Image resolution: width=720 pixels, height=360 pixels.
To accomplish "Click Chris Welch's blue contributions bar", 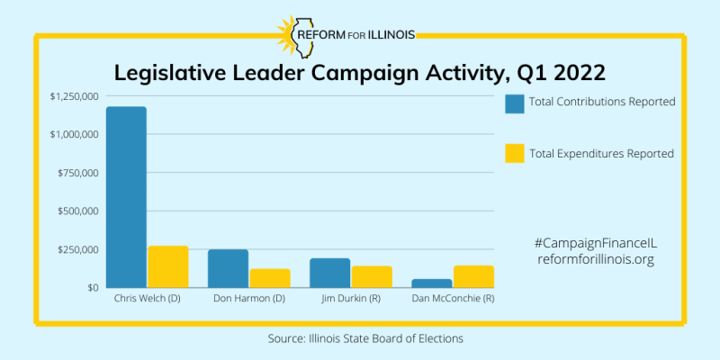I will click(x=126, y=197).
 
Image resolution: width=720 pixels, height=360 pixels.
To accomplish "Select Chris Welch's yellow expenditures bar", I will click(x=167, y=266).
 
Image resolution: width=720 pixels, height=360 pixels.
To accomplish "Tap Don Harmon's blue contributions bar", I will click(x=229, y=268).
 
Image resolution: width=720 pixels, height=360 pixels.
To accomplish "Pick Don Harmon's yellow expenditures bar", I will click(x=270, y=278).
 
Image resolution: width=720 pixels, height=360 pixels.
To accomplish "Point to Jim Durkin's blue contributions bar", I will click(x=330, y=273).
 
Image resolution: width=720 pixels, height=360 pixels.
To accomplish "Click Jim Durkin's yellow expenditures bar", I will click(x=372, y=276).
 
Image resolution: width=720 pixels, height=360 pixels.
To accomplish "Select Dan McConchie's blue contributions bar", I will click(x=432, y=283).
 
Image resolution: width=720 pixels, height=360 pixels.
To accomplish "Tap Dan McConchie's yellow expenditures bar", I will click(x=473, y=276).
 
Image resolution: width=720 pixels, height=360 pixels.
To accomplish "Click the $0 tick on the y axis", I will click(x=92, y=288).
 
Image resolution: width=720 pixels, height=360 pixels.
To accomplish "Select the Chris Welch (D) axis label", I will click(x=148, y=298).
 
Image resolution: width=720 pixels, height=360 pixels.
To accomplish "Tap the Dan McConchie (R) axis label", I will click(x=453, y=298).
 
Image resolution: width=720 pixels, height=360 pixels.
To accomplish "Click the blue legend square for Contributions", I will click(x=515, y=103).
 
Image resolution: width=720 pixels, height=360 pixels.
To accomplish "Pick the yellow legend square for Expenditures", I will click(x=515, y=154).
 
